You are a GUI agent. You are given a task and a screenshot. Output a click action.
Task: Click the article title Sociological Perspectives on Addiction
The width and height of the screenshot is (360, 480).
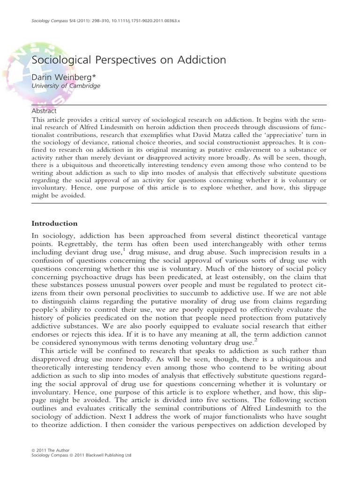click(x=128, y=60)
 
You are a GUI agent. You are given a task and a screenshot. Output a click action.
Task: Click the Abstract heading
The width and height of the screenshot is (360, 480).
click(x=44, y=111)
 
